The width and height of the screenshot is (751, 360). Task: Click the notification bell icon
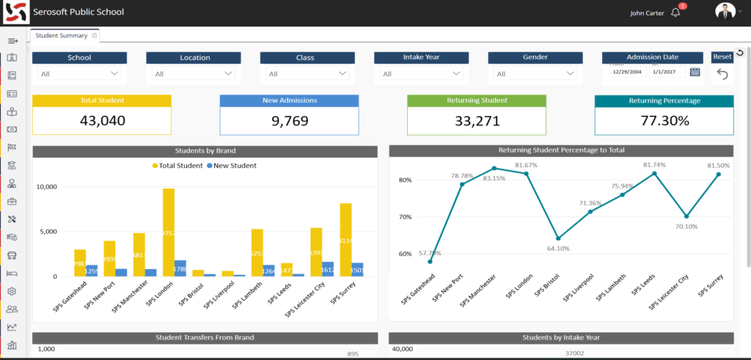click(x=675, y=12)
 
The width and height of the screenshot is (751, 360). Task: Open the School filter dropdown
click(x=80, y=73)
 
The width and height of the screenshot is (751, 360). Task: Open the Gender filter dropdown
click(x=535, y=73)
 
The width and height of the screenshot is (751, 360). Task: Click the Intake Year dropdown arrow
click(x=457, y=73)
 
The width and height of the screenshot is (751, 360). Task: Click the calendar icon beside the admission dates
click(x=695, y=72)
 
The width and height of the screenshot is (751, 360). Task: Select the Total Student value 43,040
click(x=101, y=121)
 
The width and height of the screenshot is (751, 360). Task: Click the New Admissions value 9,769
click(x=289, y=121)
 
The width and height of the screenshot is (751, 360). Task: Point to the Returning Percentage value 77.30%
click(x=664, y=121)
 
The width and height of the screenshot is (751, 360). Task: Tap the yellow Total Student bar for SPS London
click(x=169, y=232)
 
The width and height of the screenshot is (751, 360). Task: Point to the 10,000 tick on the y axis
click(x=45, y=187)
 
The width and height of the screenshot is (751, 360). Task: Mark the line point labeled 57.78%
click(x=431, y=262)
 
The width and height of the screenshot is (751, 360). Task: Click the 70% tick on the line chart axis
click(x=405, y=217)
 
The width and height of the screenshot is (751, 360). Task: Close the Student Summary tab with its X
click(x=95, y=35)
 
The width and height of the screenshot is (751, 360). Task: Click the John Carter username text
click(x=648, y=12)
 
